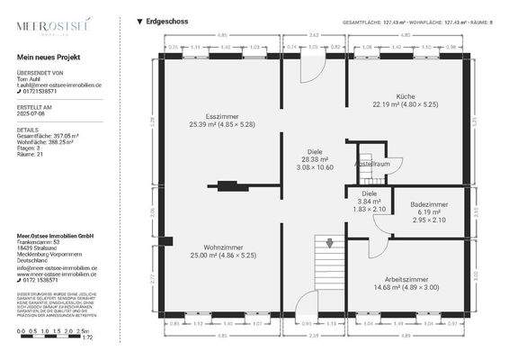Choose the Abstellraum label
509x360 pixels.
point(371,165)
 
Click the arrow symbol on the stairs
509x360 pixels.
point(330,242)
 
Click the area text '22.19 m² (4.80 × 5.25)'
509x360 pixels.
point(406,104)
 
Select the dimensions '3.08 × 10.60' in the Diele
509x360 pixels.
point(315,167)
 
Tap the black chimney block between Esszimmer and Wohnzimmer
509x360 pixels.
point(226,186)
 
